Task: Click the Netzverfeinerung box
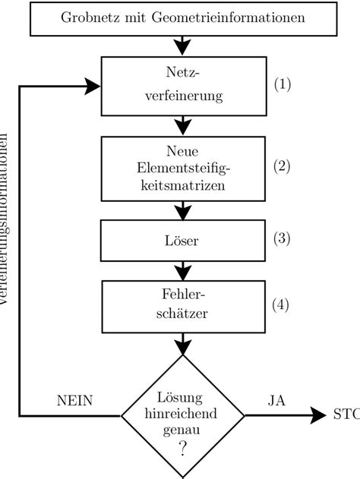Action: [x=181, y=85]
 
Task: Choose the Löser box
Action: [x=181, y=241]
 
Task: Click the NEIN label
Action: [x=75, y=400]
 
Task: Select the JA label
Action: [x=276, y=400]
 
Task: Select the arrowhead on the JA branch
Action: [x=319, y=416]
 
